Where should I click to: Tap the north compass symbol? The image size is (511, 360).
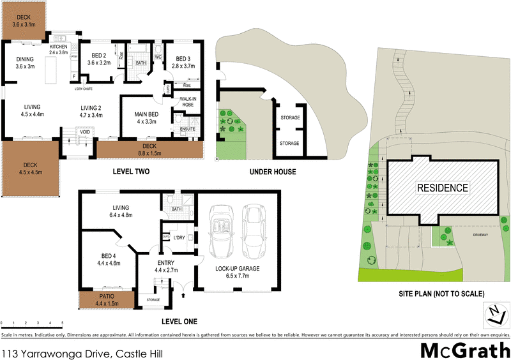tap(493, 313)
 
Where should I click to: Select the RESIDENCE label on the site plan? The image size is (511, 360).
tap(443, 188)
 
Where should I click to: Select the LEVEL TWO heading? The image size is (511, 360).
tap(131, 172)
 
